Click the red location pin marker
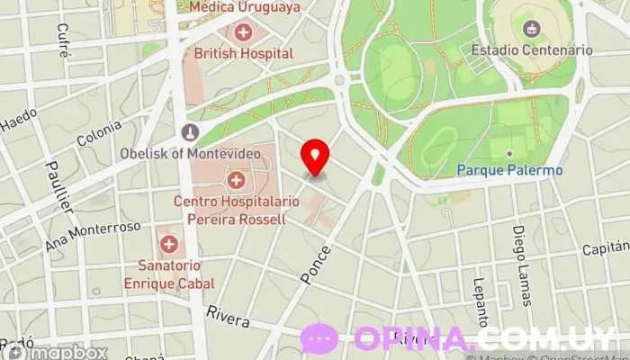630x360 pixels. point(315,157)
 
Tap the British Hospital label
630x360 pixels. point(244,53)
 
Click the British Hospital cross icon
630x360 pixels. point(243,33)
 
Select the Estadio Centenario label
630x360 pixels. point(531,50)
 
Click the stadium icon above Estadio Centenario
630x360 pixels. point(531,30)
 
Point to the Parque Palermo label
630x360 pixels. point(509,169)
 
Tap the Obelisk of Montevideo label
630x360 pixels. point(190,153)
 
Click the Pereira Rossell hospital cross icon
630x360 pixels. point(237,178)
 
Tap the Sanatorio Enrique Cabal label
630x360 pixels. point(170,274)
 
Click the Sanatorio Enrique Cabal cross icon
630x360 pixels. point(169,244)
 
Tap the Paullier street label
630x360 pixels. point(58,186)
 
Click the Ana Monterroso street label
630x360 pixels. point(93,237)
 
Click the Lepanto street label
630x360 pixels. point(479,301)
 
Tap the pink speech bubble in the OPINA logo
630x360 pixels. point(319,338)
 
